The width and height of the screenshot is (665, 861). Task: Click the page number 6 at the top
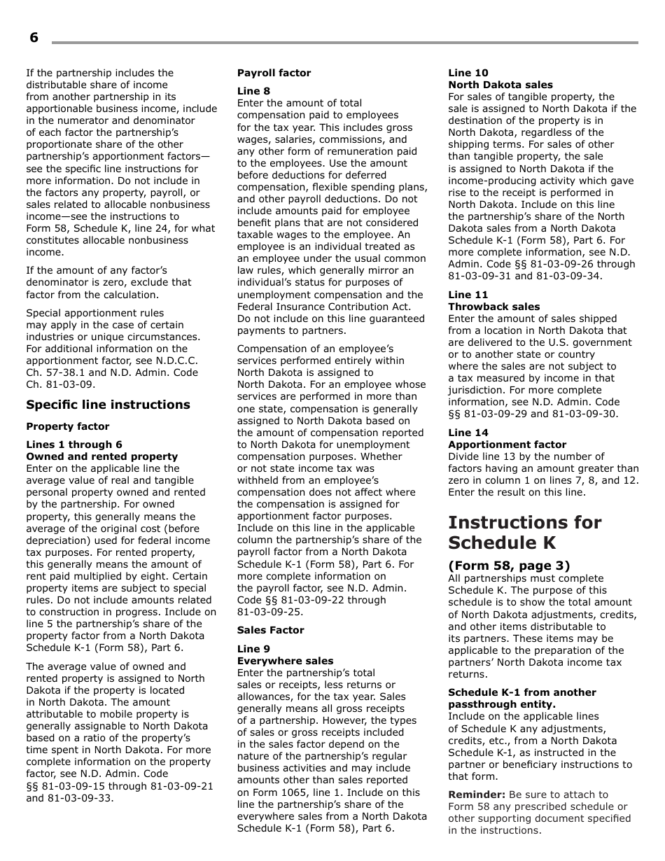pyautogui.click(x=34, y=38)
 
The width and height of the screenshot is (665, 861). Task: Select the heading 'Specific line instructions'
pyautogui.click(x=108, y=405)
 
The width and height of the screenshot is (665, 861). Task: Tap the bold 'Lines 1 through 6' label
pyautogui.click(x=73, y=444)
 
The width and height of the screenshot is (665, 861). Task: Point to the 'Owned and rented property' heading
pyautogui.click(x=92, y=456)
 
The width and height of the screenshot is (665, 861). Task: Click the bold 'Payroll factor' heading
pyautogui.click(x=274, y=73)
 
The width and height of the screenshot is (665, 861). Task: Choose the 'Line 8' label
pyautogui.click(x=253, y=91)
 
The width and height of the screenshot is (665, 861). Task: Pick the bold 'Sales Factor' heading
pyautogui.click(x=270, y=630)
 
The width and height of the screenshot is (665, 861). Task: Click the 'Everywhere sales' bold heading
pyautogui.click(x=285, y=661)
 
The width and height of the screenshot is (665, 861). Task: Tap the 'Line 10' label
pyautogui.click(x=468, y=73)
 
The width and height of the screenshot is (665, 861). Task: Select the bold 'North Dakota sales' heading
pyautogui.click(x=500, y=85)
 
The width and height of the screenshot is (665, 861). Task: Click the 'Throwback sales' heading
pyautogui.click(x=493, y=307)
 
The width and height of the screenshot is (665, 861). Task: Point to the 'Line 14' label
pyautogui.click(x=468, y=433)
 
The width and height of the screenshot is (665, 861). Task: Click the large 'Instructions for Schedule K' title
pyautogui.click(x=524, y=532)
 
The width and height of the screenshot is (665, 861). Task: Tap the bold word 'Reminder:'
pyautogui.click(x=477, y=794)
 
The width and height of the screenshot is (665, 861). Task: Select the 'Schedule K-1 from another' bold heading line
pyautogui.click(x=521, y=692)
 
